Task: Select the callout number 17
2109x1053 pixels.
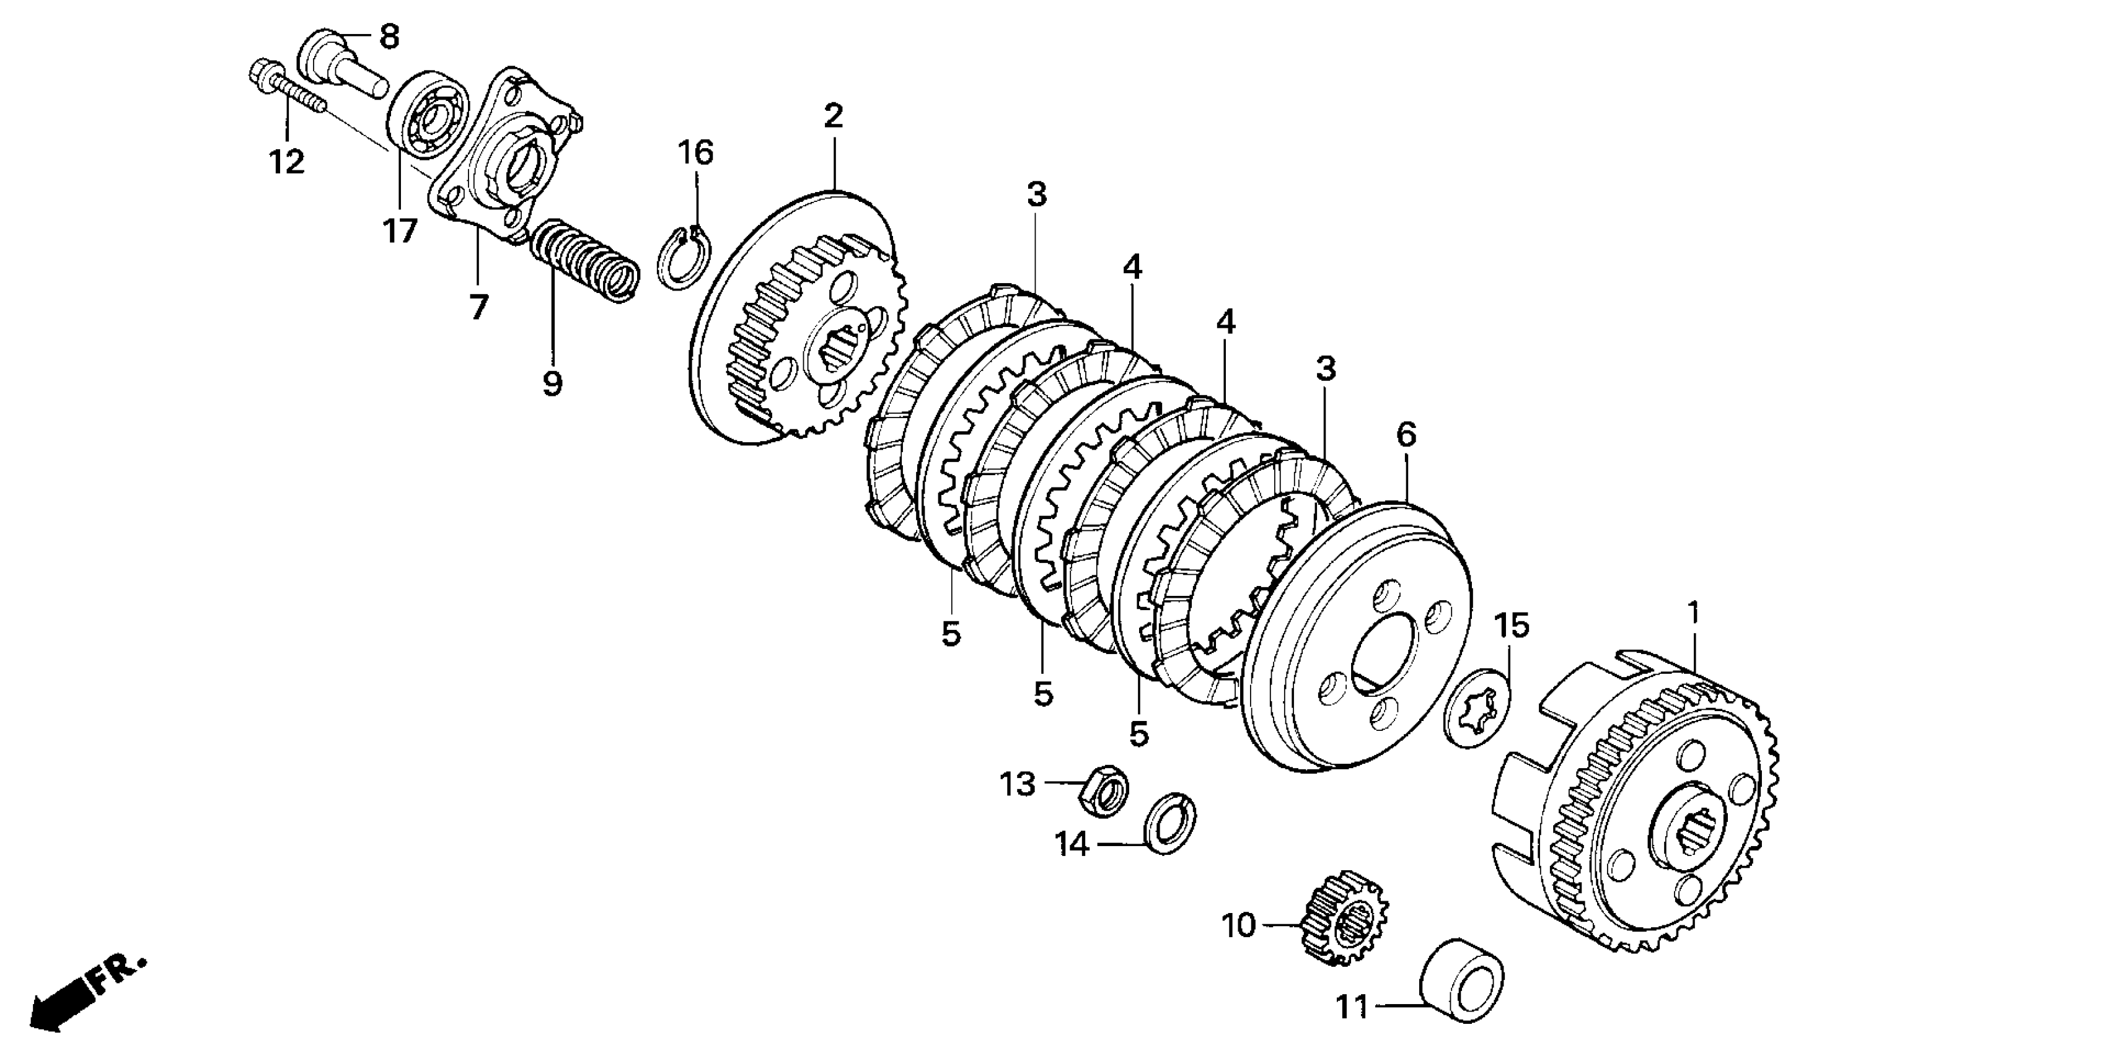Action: [x=400, y=232]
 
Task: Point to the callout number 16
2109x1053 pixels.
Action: [x=696, y=153]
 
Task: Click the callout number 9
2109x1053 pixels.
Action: [x=553, y=382]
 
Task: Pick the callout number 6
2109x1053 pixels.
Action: [x=1406, y=434]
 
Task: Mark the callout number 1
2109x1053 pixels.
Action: [x=1694, y=612]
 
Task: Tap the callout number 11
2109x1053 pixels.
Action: [x=1352, y=1007]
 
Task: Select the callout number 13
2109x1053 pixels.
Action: [x=1017, y=785]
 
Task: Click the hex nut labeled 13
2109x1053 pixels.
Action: [x=1105, y=790]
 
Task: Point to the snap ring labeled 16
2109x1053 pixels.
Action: [x=684, y=258]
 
